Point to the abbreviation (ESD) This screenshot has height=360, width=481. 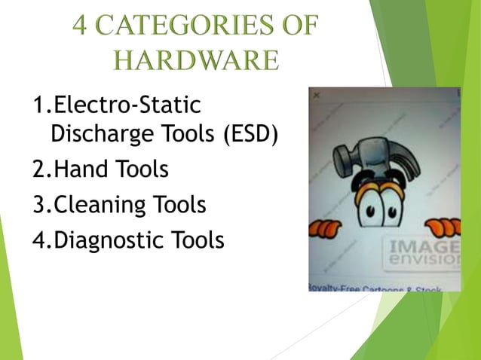(x=251, y=135)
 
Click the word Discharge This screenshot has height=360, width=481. (x=93, y=135)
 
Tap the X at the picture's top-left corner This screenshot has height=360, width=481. (x=317, y=96)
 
